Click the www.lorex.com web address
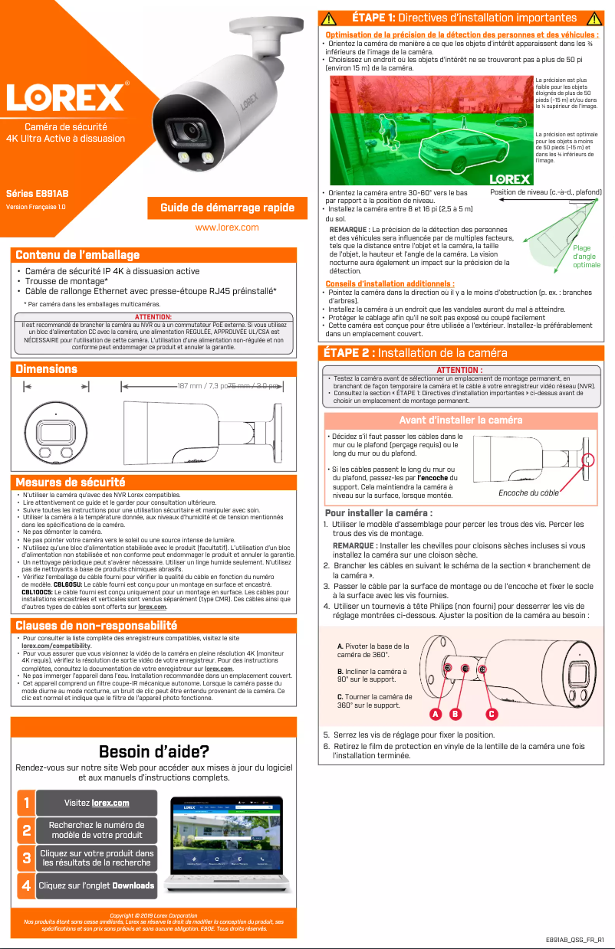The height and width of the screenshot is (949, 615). click(x=227, y=227)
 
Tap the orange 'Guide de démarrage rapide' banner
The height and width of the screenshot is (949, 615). click(x=227, y=208)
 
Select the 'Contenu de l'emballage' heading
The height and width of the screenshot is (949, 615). click(x=78, y=255)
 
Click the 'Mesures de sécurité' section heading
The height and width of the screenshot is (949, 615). click(x=71, y=483)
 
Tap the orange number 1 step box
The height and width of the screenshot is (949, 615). click(x=26, y=803)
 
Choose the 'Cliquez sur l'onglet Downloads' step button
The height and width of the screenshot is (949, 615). click(x=96, y=885)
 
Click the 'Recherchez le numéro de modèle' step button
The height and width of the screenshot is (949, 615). click(x=96, y=830)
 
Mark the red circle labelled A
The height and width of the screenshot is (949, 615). click(x=435, y=714)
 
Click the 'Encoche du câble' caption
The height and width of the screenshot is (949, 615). click(x=528, y=492)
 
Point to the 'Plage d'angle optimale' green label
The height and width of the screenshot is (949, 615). click(x=587, y=257)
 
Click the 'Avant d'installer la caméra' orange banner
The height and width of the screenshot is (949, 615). click(x=461, y=420)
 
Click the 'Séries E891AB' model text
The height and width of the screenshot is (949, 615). click(x=37, y=194)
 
